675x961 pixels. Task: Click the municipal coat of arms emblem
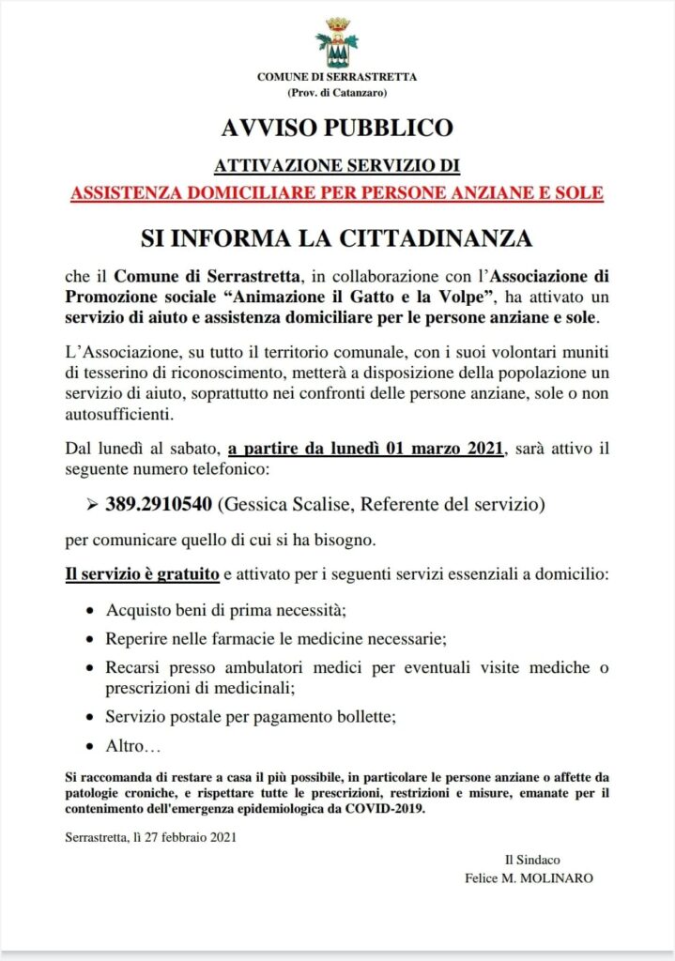coord(337,42)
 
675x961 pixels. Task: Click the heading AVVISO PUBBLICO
coord(337,127)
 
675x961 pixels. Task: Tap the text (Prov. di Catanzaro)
coord(337,92)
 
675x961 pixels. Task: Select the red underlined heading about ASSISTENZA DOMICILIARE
coord(337,193)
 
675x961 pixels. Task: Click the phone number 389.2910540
coord(159,505)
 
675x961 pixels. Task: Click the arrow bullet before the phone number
coord(92,505)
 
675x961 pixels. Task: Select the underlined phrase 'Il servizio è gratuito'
coord(143,573)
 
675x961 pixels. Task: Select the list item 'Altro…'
coord(134,747)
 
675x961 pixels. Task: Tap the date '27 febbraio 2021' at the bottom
coord(191,837)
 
